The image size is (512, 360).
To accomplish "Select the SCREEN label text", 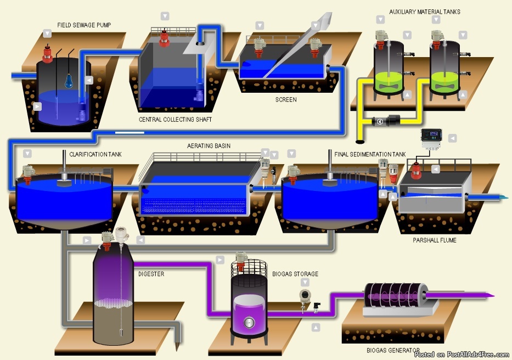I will pos(286,100).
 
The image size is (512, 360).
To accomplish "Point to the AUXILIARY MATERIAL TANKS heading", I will pos(424,12).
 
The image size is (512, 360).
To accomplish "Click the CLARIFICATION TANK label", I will pos(95,154).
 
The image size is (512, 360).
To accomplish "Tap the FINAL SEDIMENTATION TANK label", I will pos(370,154).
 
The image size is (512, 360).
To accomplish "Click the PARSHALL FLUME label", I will pos(435,240).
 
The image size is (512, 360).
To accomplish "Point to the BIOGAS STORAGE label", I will pos(295,274).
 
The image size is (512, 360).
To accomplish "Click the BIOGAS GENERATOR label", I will pos(393,350).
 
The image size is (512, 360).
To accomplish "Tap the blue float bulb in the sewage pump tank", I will pos(69,81).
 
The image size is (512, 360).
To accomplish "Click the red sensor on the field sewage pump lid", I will pos(47,53).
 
